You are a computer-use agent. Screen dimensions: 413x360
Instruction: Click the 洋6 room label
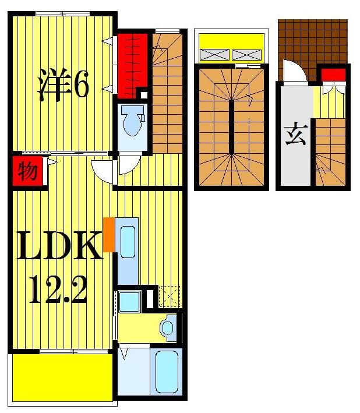pos(63,86)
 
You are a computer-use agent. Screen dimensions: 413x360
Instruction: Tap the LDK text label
pos(59,247)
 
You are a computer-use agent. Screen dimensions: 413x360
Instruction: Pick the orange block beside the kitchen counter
pos(108,235)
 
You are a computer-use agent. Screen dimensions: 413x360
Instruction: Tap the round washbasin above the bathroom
pos(169,328)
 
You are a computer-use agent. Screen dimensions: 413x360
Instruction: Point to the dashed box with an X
pos(169,298)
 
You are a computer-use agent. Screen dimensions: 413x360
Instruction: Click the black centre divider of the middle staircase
pos(232,126)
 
